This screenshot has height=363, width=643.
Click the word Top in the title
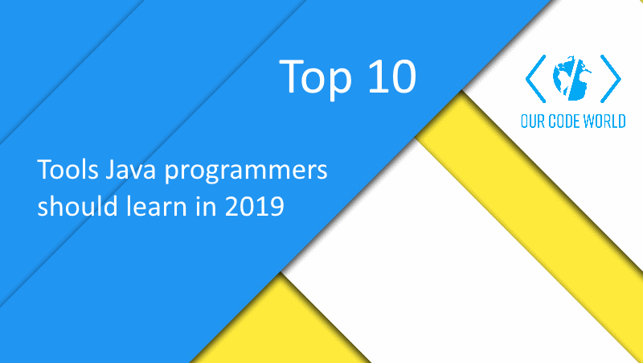coord(313,76)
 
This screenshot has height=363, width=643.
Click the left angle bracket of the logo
coord(534,79)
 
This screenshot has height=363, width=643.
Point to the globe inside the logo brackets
coord(571,79)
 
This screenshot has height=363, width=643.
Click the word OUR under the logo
coord(534,122)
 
